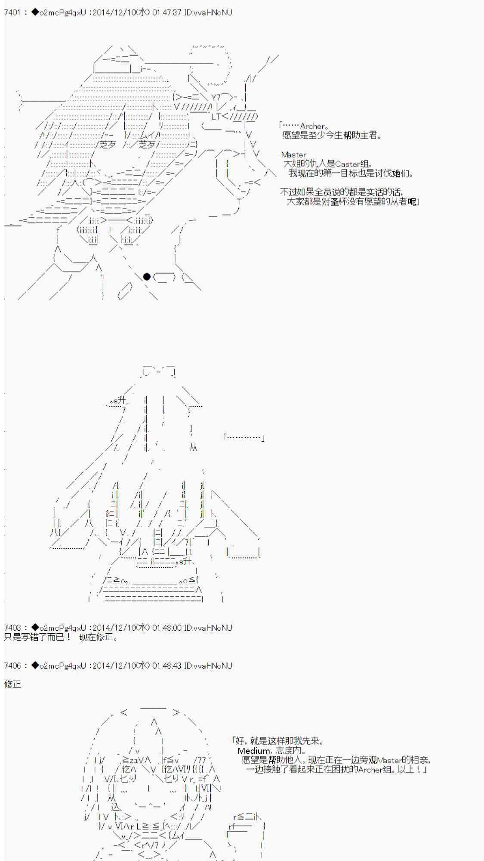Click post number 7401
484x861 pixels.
[x=12, y=12]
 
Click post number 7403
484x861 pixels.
[x=12, y=628]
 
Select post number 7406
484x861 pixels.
[x=12, y=666]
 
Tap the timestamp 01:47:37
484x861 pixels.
[x=166, y=12]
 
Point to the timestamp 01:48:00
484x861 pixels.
[x=166, y=628]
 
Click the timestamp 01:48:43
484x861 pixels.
[x=166, y=666]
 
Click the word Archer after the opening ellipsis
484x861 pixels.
[x=312, y=126]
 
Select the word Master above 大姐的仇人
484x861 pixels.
[x=294, y=155]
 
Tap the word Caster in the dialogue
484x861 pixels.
[x=348, y=164]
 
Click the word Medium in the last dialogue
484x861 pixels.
[x=254, y=751]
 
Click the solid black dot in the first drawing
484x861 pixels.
[x=147, y=277]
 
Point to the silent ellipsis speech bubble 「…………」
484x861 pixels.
[x=244, y=437]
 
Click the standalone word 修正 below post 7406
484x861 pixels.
[x=12, y=684]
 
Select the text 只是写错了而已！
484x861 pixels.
[x=38, y=637]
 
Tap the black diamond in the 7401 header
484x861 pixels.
[x=35, y=12]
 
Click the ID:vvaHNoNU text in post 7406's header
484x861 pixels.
[x=208, y=666]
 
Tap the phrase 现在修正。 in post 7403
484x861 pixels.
[x=99, y=637]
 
